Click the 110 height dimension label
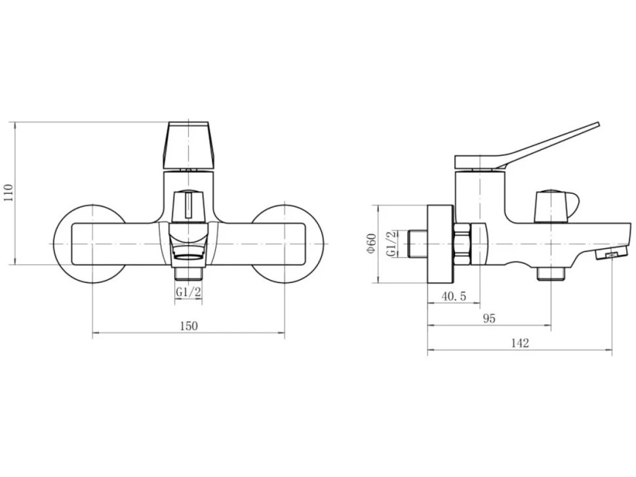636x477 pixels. pyautogui.click(x=9, y=193)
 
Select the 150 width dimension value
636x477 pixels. pyautogui.click(x=189, y=326)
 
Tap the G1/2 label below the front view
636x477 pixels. pyautogui.click(x=188, y=292)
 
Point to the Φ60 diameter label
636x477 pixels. pyautogui.click(x=372, y=244)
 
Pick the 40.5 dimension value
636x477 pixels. pyautogui.click(x=454, y=296)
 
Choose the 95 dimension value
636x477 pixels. pyautogui.click(x=490, y=318)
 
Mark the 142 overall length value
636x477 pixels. pyautogui.click(x=520, y=343)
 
